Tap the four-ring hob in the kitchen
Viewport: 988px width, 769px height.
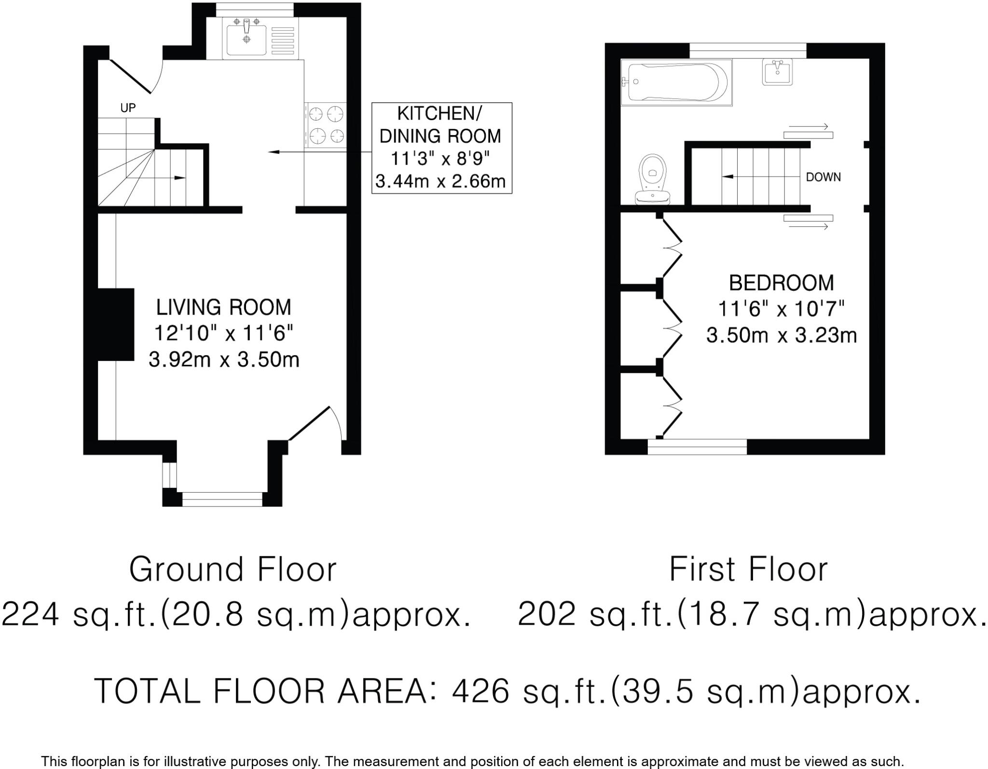coord(326,125)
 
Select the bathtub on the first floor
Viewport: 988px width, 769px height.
coord(676,82)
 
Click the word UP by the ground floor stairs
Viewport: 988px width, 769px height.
coord(128,108)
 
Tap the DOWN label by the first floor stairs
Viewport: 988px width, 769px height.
coord(823,177)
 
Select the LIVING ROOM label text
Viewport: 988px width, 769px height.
coord(224,307)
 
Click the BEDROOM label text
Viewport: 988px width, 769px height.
coord(781,283)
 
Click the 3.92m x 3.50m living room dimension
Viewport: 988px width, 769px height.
coord(224,359)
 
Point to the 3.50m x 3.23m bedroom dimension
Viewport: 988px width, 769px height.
coord(781,335)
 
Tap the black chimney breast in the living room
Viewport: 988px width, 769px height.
coord(116,324)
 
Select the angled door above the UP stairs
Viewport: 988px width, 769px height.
coord(131,76)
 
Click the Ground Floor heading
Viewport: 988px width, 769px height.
coord(233,570)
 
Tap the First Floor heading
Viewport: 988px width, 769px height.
coord(748,570)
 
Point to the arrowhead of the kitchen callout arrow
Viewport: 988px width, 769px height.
coord(273,152)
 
